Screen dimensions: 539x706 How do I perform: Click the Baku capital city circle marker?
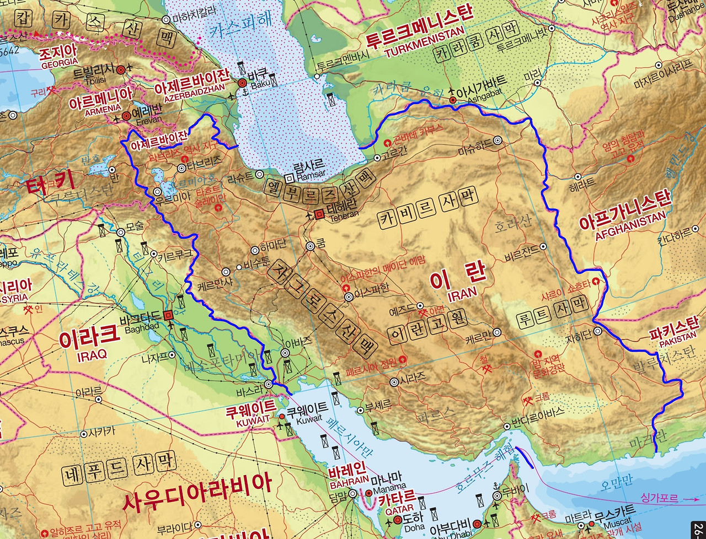(x=242, y=83)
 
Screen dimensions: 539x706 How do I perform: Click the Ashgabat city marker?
(x=452, y=100)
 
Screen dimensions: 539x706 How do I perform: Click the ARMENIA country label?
(x=102, y=109)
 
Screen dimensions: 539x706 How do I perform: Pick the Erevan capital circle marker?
(x=126, y=116)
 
